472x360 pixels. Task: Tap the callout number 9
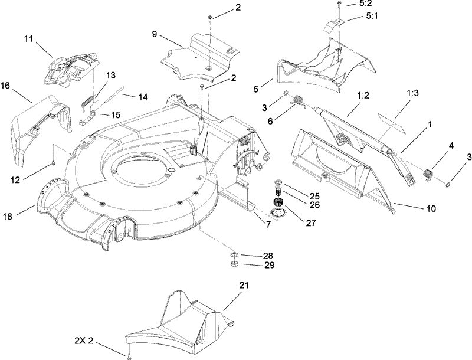coord(154,34)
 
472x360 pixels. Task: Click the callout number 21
coord(244,285)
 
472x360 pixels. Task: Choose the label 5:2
coord(365,4)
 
